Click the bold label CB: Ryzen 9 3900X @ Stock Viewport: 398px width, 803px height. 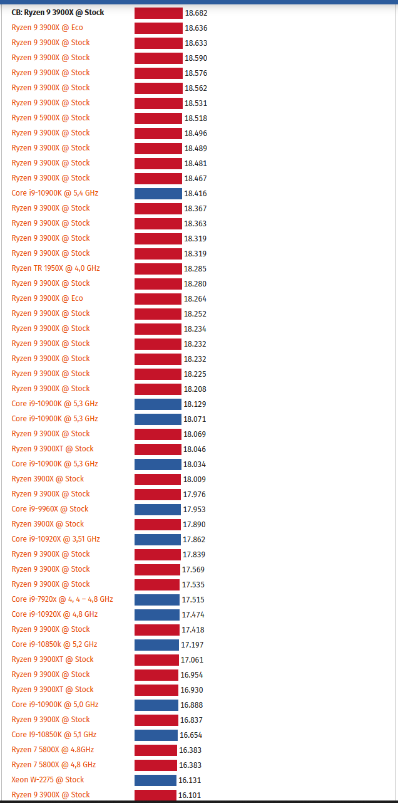(x=58, y=13)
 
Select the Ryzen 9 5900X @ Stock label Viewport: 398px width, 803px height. (x=51, y=118)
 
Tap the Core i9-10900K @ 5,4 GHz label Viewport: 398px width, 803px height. (x=55, y=193)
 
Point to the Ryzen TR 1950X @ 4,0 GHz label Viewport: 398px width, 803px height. (x=56, y=268)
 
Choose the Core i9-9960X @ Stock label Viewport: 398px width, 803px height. (x=50, y=509)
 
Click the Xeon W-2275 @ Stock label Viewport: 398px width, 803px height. (x=48, y=780)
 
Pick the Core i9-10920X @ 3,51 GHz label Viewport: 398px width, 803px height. (x=56, y=539)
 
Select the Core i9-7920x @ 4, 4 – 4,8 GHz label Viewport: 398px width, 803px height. (x=63, y=599)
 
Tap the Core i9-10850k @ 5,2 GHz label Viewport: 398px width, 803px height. (x=54, y=644)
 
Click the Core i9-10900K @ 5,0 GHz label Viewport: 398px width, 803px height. (x=55, y=705)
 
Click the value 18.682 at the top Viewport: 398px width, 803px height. (x=196, y=13)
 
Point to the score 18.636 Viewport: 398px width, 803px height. (x=196, y=28)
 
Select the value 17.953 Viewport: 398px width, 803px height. (x=194, y=510)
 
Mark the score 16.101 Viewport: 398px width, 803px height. (x=190, y=795)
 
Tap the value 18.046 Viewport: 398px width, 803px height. (x=195, y=449)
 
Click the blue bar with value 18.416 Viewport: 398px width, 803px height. (x=158, y=194)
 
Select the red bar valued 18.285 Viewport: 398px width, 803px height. (x=158, y=269)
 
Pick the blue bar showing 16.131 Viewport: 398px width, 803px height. (x=155, y=780)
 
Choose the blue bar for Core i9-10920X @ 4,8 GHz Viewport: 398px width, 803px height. (x=156, y=615)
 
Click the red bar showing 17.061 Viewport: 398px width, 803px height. (x=156, y=660)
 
